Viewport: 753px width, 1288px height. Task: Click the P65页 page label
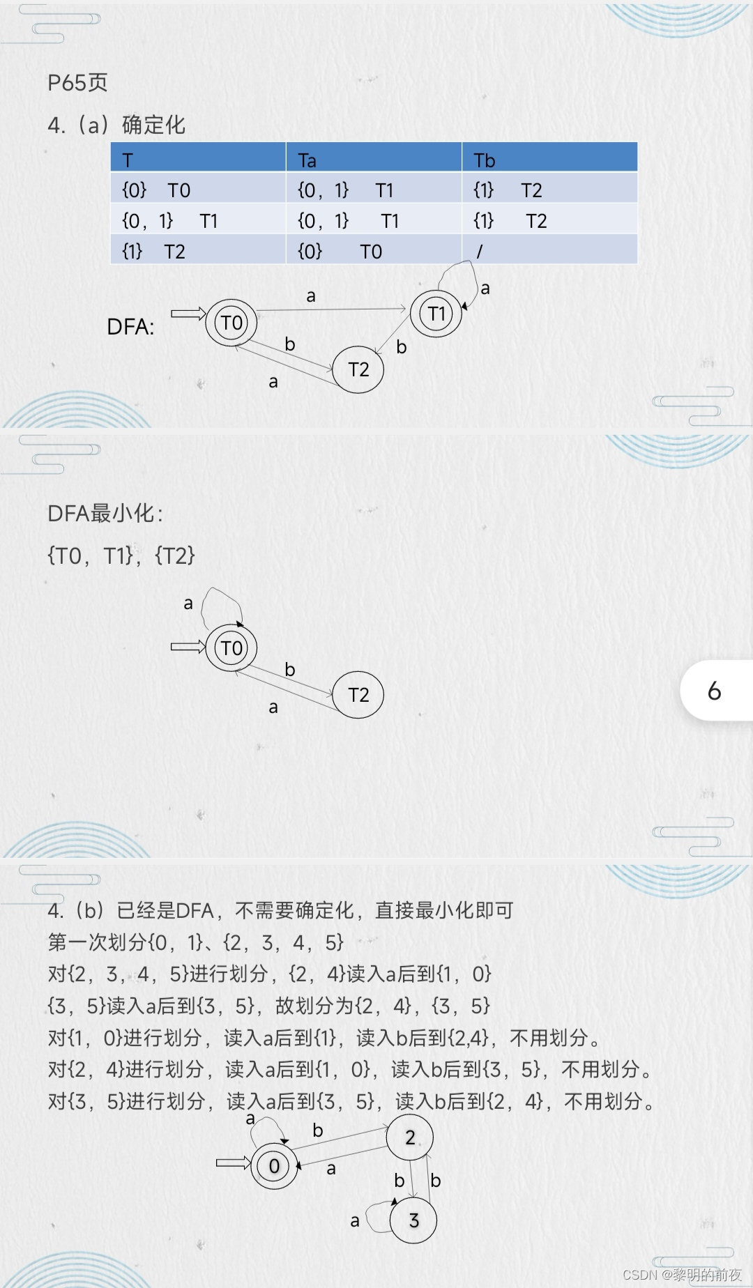pyautogui.click(x=77, y=83)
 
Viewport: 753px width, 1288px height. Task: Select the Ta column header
pyautogui.click(x=307, y=160)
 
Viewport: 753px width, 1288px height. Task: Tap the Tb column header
pyautogui.click(x=484, y=160)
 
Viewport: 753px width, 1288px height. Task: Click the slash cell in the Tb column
pyautogui.click(x=480, y=251)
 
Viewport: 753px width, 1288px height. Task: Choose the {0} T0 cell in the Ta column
pyautogui.click(x=340, y=251)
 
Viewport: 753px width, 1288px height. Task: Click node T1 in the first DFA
pyautogui.click(x=436, y=314)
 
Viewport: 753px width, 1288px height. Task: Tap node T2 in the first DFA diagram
pyautogui.click(x=358, y=369)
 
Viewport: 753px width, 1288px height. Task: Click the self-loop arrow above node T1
pyautogui.click(x=457, y=275)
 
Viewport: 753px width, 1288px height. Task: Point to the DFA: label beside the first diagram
pyautogui.click(x=130, y=327)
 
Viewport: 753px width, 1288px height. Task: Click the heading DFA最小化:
pyautogui.click(x=105, y=514)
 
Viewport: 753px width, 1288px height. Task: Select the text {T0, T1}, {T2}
pyautogui.click(x=121, y=555)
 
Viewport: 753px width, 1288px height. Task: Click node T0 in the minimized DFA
pyautogui.click(x=231, y=648)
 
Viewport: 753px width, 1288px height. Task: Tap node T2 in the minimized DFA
pyautogui.click(x=358, y=695)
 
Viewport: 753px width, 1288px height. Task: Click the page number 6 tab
pyautogui.click(x=715, y=691)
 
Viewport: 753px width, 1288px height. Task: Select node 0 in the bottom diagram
pyautogui.click(x=274, y=1165)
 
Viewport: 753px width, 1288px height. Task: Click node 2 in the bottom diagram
pyautogui.click(x=410, y=1137)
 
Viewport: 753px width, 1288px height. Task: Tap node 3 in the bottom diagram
pyautogui.click(x=413, y=1220)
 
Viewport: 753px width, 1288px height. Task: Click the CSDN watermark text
pyautogui.click(x=681, y=1274)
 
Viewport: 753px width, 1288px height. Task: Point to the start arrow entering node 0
pyautogui.click(x=233, y=1163)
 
